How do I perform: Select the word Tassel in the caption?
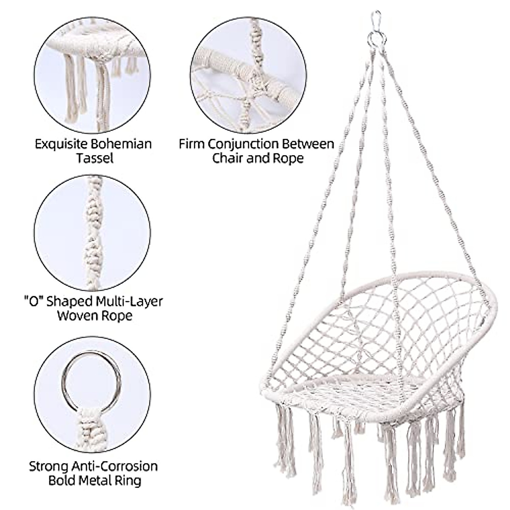[95, 158]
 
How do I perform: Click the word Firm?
[192, 144]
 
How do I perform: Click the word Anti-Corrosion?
[112, 466]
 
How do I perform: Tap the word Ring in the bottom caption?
[129, 480]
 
